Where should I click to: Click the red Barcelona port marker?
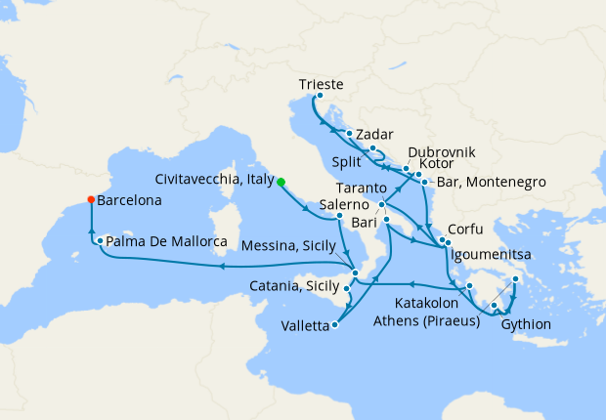click(91, 199)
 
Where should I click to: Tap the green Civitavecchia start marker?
click(281, 182)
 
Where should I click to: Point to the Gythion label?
click(526, 324)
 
